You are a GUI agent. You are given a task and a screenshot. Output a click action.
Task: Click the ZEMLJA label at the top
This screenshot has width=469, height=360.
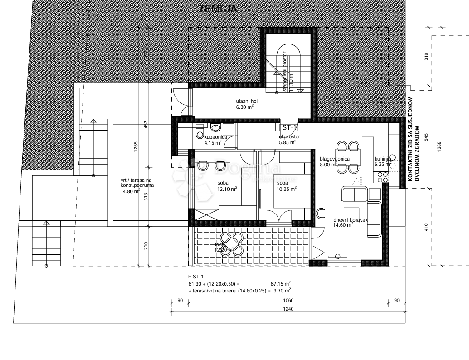tap(218, 9)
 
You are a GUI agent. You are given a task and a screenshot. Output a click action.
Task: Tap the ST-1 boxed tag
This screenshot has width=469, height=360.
tap(289, 127)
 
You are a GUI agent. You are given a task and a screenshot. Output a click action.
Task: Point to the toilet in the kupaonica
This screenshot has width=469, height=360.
tap(199, 132)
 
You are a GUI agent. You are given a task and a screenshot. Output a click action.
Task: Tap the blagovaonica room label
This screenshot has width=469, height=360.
tap(334, 162)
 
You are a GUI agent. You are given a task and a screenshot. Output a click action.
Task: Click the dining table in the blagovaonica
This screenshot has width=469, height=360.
tap(348, 157)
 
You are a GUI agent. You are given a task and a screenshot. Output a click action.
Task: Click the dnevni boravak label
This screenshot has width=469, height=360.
tap(350, 222)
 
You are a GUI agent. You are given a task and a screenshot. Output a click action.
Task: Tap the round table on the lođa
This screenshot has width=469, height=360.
tap(233, 243)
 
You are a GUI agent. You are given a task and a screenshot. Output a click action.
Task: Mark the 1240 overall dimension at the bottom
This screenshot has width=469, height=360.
tap(288, 309)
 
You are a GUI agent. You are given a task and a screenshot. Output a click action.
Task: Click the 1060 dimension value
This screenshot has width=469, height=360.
tap(288, 300)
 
